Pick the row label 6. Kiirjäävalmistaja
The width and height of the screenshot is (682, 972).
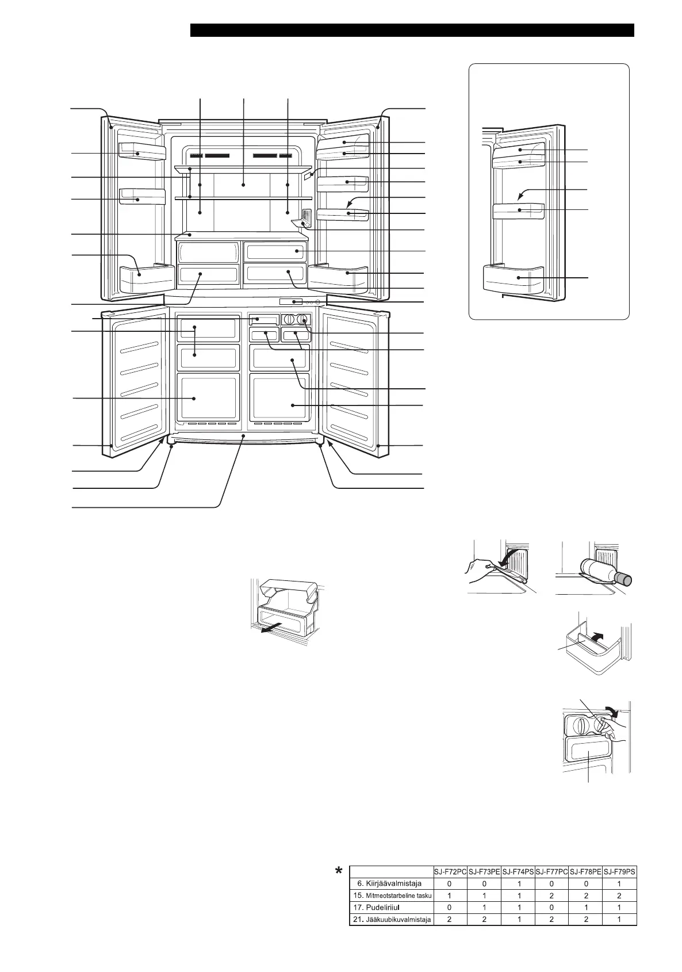click(x=389, y=883)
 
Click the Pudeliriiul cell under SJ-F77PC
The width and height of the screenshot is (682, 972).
click(x=551, y=907)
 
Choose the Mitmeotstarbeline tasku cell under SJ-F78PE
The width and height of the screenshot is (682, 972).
click(x=585, y=895)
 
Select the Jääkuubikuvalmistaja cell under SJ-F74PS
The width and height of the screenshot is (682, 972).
click(x=519, y=919)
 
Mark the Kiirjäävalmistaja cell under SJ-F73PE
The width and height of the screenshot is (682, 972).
click(x=484, y=883)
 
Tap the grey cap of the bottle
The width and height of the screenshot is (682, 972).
click(x=624, y=579)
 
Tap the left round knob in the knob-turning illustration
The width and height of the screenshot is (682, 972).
click(x=580, y=725)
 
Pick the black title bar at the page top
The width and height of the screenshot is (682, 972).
click(x=412, y=30)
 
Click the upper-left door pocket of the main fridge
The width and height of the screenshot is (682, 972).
click(x=141, y=151)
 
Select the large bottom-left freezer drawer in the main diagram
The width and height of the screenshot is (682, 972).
click(x=208, y=397)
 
